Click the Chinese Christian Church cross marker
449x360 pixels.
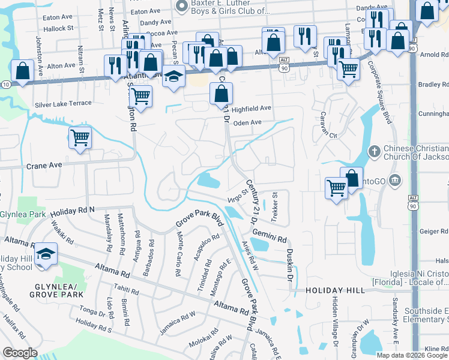pos(374,151)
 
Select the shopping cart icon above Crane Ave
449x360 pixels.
pos(80,138)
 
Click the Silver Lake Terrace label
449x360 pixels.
pos(63,104)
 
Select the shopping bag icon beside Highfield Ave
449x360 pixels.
pos(221,94)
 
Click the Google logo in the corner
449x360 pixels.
pos(20,353)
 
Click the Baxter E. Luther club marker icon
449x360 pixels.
pos(182,5)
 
